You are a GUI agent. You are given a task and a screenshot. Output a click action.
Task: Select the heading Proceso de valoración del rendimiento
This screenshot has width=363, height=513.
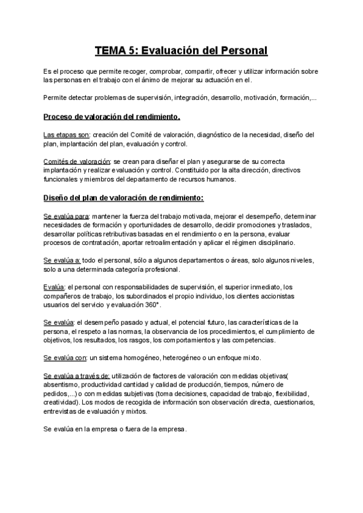112,116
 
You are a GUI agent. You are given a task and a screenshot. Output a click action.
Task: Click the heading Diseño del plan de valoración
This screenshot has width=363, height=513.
123,198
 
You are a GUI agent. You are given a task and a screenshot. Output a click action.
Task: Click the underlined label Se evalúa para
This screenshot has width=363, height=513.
67,216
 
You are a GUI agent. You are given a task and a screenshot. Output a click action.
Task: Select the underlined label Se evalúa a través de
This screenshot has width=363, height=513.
77,376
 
